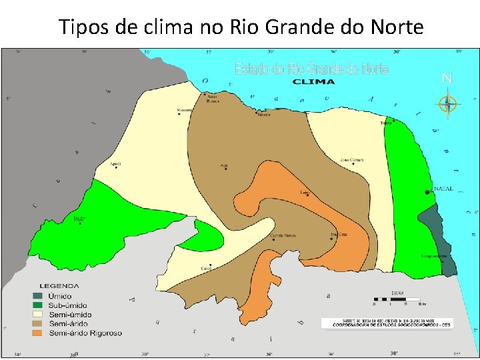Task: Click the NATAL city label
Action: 443,189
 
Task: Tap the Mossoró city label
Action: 184,110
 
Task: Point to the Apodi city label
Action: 115,163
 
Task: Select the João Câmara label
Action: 351,159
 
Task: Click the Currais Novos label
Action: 282,235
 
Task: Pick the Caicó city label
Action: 206,269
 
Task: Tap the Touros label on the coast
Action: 385,123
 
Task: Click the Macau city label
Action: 264,115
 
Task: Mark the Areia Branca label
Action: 212,99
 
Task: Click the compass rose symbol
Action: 447,104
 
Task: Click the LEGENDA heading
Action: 59,286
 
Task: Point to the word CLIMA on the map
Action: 314,82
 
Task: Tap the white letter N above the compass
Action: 447,79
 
